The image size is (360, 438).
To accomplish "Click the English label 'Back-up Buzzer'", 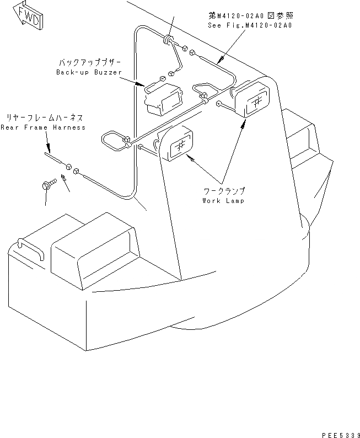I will tap(89, 72).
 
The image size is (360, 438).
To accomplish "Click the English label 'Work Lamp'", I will tap(223, 200).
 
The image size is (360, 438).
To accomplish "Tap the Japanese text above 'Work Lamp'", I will tap(223, 191).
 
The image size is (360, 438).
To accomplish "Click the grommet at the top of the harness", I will tap(167, 40).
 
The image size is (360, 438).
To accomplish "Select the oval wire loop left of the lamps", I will tap(114, 142).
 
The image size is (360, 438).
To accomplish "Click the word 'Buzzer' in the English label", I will tap(107, 72).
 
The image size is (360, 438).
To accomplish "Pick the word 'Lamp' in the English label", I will tap(234, 200).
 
